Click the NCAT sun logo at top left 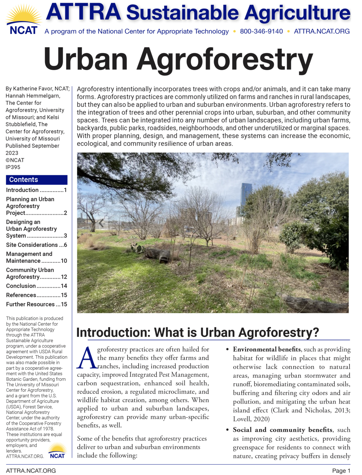23,20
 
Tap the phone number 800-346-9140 261,31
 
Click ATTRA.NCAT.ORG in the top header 322,31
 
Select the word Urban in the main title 85,60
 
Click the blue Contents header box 36,180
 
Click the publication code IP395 13,167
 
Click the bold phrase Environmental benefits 267,349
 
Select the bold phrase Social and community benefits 282,430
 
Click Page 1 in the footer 341,471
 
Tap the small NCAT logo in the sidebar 57,451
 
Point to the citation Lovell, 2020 251,419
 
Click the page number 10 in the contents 64,261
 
